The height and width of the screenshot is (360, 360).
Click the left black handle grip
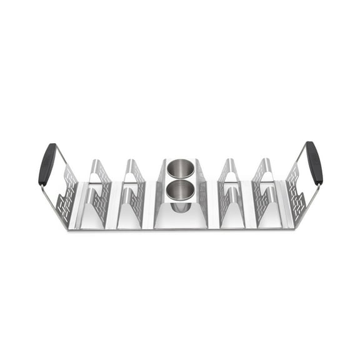pos(47,164)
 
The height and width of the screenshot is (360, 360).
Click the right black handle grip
pos(314,162)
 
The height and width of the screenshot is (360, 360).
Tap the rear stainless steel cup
pos(180,171)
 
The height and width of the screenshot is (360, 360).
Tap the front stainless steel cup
pos(180,191)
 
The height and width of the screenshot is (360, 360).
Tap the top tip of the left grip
pos(52,146)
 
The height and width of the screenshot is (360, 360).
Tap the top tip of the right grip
pos(309,144)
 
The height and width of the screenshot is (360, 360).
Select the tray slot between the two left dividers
pos(116,216)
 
